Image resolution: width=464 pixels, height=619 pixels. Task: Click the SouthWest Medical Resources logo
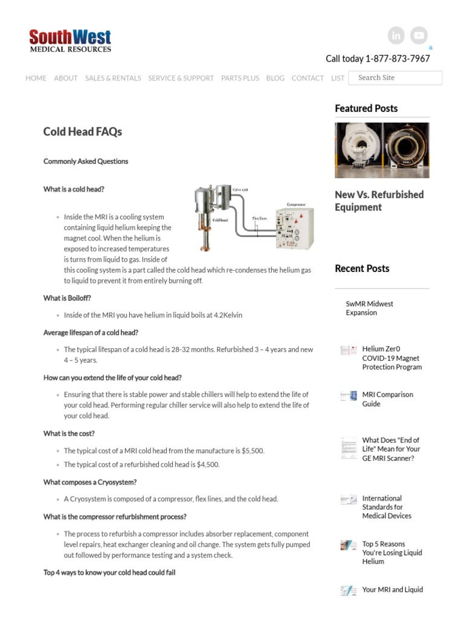click(x=70, y=41)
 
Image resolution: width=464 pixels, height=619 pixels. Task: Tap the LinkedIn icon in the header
click(x=396, y=36)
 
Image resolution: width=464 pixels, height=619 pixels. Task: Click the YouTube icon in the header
click(x=419, y=36)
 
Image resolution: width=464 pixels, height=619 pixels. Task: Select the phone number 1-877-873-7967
click(x=398, y=59)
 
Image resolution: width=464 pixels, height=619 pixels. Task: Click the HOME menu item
click(x=36, y=78)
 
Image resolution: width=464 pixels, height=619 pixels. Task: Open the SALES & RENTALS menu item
click(x=113, y=78)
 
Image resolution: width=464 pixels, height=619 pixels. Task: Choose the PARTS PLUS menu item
click(x=240, y=78)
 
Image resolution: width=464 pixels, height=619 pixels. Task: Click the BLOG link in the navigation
click(x=275, y=78)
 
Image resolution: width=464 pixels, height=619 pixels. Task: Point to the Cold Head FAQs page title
click(x=82, y=132)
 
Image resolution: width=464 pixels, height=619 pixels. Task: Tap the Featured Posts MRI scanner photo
click(x=382, y=150)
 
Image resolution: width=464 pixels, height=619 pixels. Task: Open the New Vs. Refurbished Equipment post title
click(x=379, y=201)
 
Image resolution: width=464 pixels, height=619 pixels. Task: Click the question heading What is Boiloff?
click(x=67, y=298)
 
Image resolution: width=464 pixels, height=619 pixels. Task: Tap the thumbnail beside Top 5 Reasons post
click(x=349, y=545)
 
